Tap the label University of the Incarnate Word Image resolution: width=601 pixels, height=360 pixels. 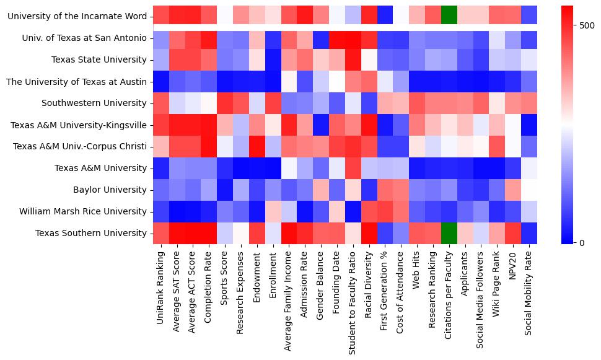tap(77, 16)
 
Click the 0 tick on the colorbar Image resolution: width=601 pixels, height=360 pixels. tap(582, 242)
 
